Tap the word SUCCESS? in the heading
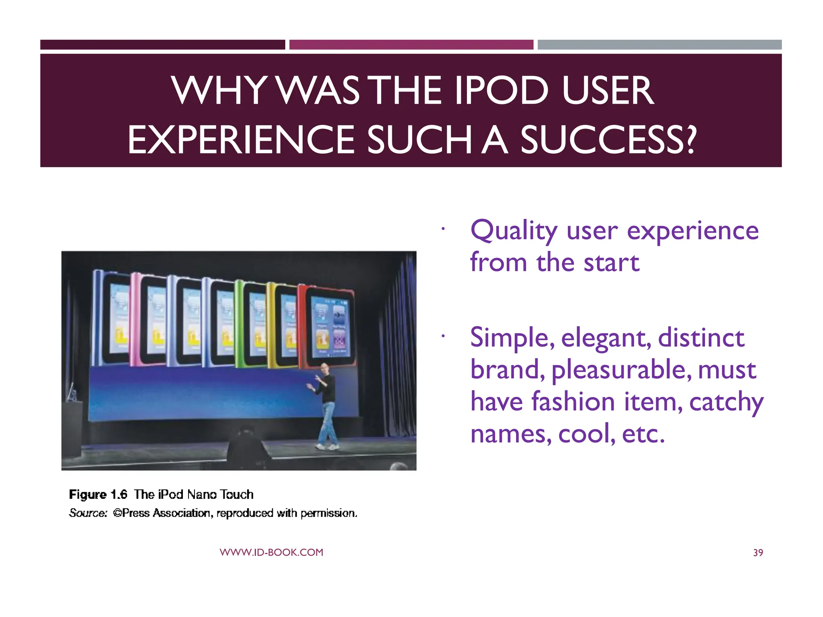(x=608, y=140)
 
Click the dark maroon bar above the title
(x=162, y=45)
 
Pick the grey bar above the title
(x=659, y=45)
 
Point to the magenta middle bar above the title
(x=411, y=45)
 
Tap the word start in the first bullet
(x=611, y=263)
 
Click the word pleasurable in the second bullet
(x=621, y=370)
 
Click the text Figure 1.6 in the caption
(x=98, y=494)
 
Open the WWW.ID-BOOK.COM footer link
(x=271, y=552)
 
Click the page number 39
(x=758, y=553)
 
